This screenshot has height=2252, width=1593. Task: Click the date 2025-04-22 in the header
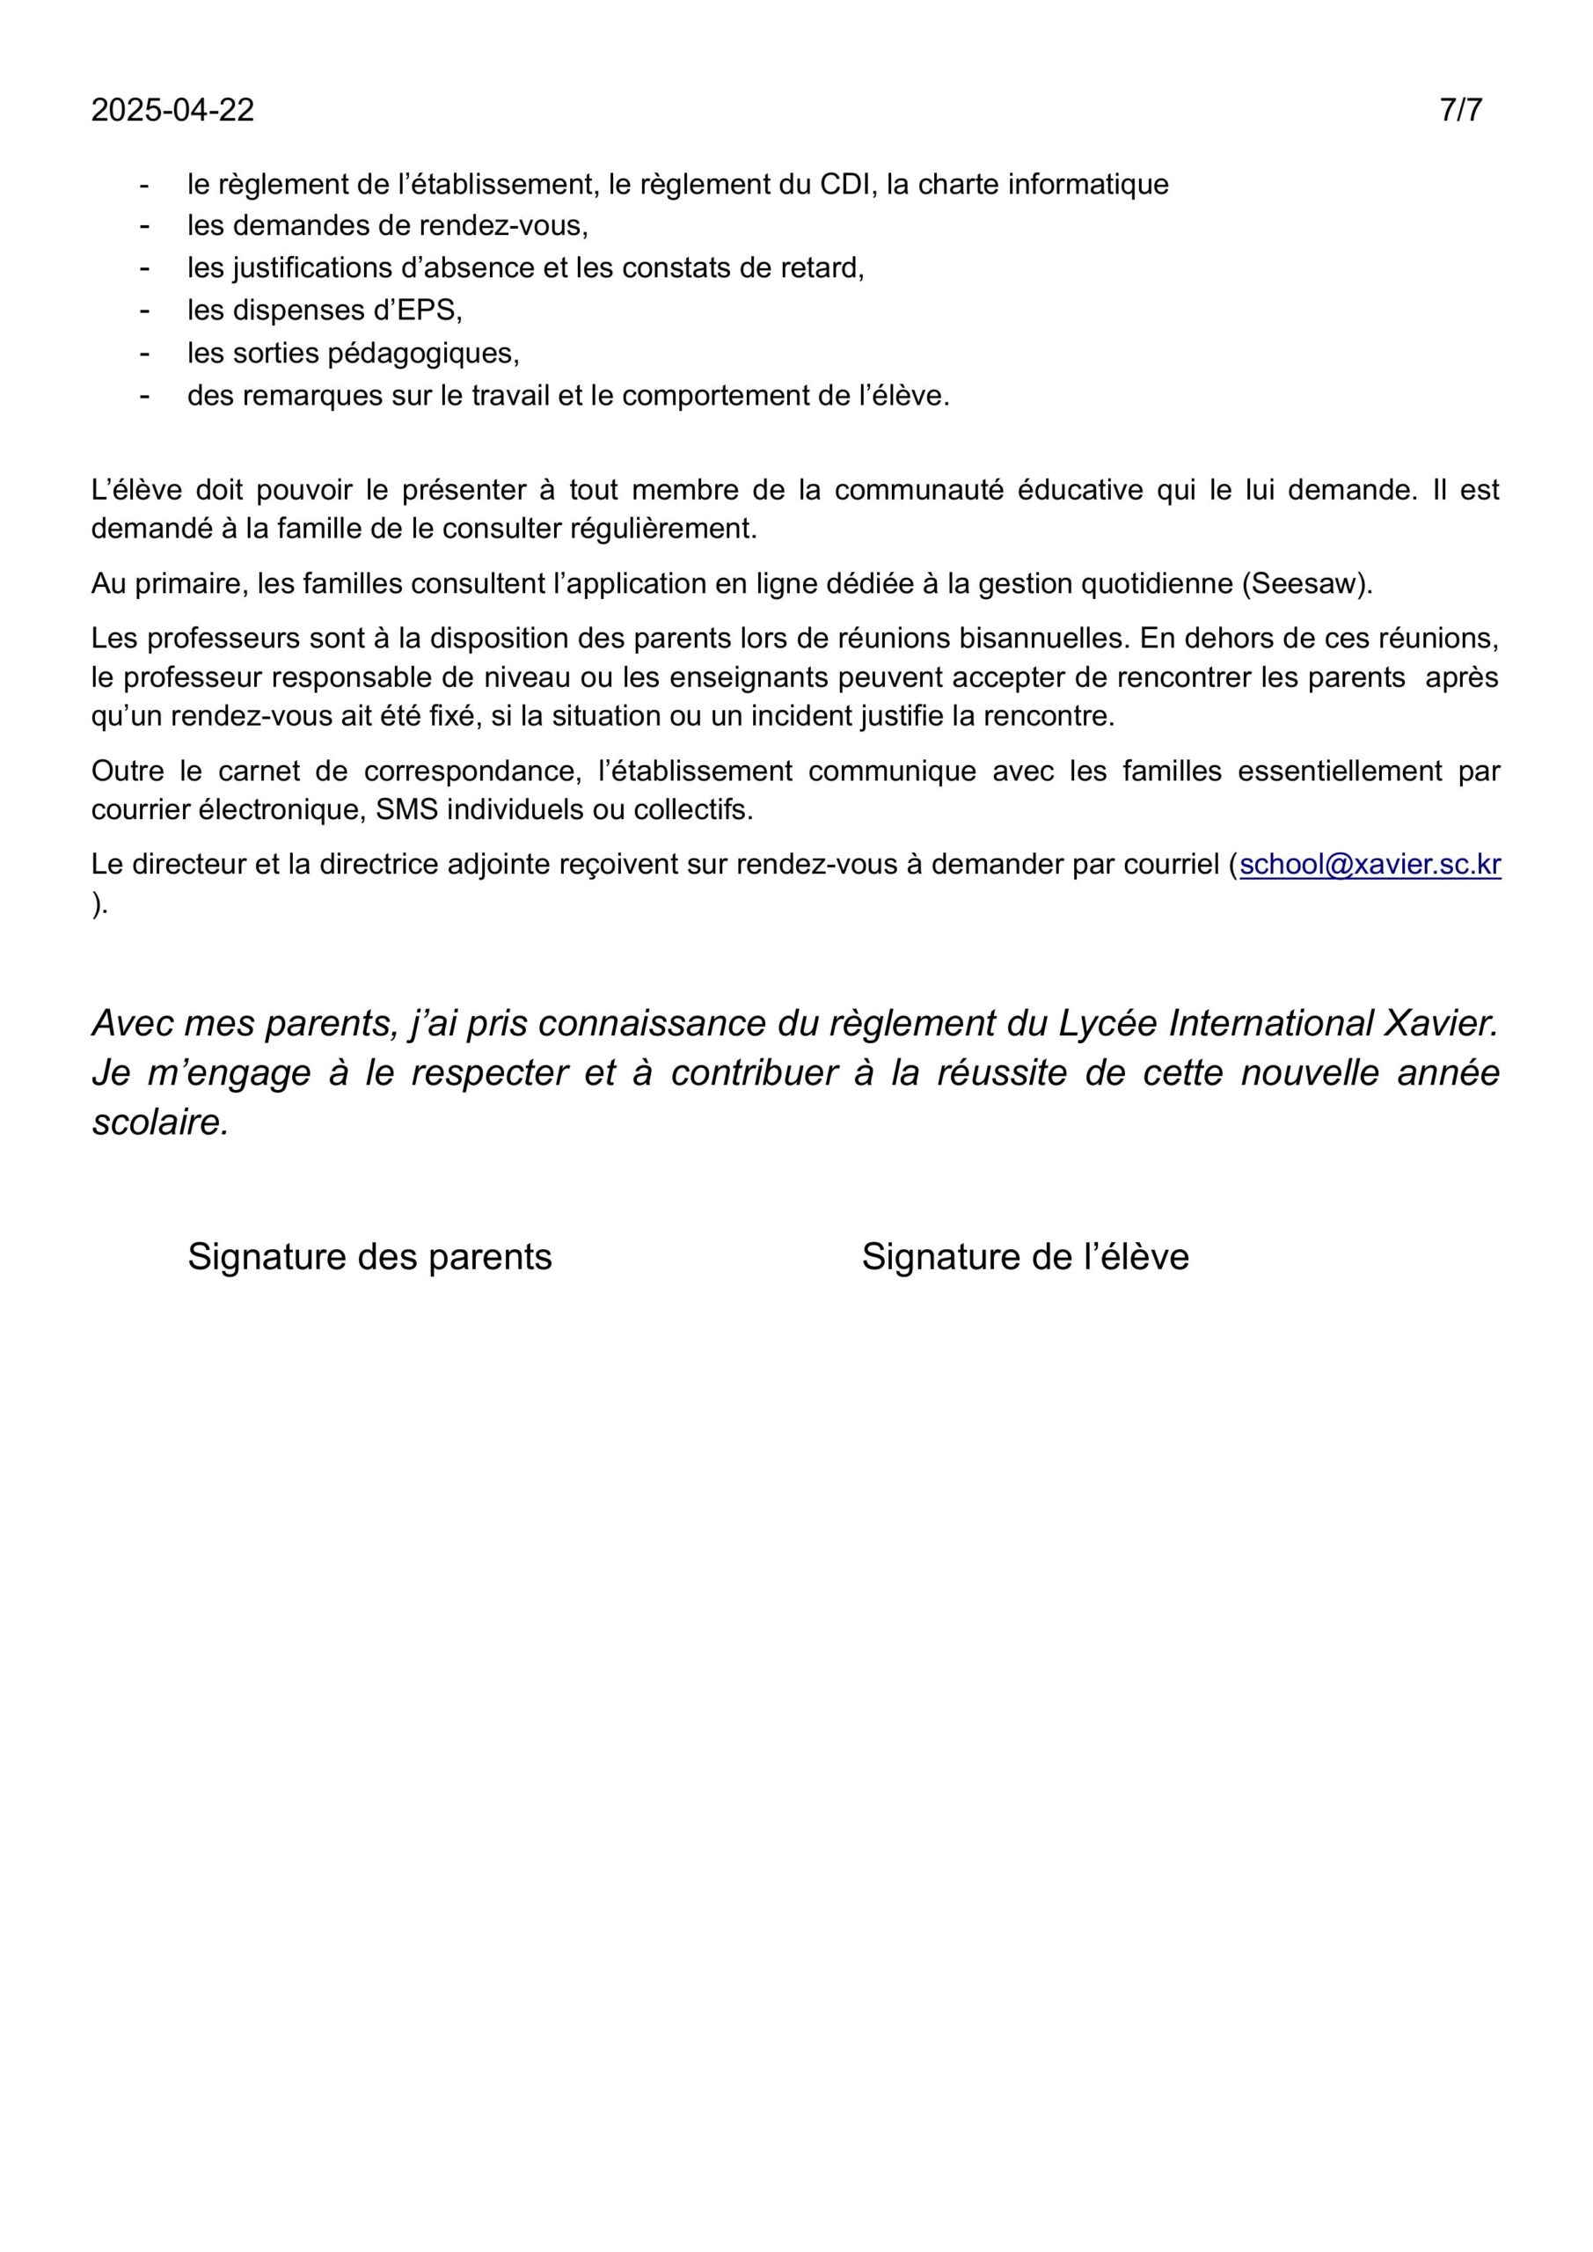click(172, 110)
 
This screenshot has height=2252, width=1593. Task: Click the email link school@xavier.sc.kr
click(1370, 864)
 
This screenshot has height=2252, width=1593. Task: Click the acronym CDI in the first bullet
click(845, 185)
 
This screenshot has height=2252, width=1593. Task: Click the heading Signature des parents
click(369, 1256)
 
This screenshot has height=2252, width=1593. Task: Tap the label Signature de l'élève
click(1025, 1256)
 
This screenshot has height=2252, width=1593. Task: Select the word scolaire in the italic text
click(160, 1123)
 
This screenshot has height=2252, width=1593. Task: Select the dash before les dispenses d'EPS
click(145, 310)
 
